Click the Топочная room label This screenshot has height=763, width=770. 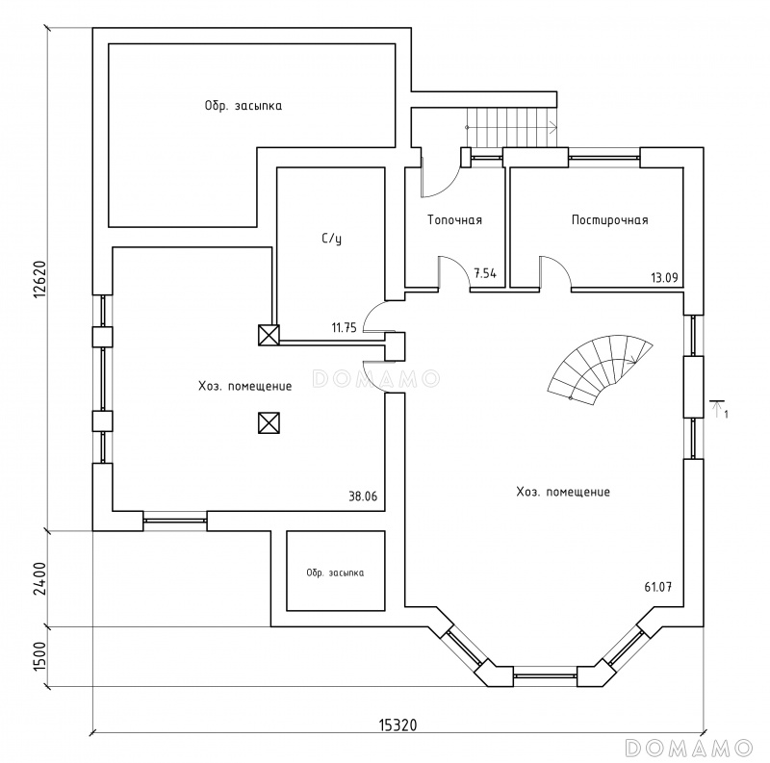pyautogui.click(x=454, y=220)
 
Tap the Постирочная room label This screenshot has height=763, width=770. pyautogui.click(x=610, y=220)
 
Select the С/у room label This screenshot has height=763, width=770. pyautogui.click(x=332, y=239)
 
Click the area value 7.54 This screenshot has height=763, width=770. pyautogui.click(x=485, y=273)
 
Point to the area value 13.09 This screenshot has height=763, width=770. pyautogui.click(x=664, y=278)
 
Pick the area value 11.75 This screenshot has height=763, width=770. pyautogui.click(x=344, y=327)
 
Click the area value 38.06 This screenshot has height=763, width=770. pyautogui.click(x=363, y=496)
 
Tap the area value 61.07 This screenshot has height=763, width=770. pyautogui.click(x=658, y=587)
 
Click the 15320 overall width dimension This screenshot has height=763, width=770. pyautogui.click(x=398, y=725)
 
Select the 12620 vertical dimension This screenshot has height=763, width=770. pyautogui.click(x=39, y=279)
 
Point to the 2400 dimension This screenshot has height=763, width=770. pyautogui.click(x=39, y=578)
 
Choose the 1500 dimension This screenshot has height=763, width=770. pyautogui.click(x=39, y=657)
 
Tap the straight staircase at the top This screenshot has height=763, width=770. pyautogui.click(x=512, y=127)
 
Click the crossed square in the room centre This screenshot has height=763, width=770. pyautogui.click(x=269, y=422)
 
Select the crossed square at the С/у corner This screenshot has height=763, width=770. pyautogui.click(x=269, y=335)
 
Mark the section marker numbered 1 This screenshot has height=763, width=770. pyautogui.click(x=719, y=409)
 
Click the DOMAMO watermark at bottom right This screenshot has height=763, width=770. pyautogui.click(x=688, y=748)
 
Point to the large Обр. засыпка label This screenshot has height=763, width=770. pyautogui.click(x=244, y=106)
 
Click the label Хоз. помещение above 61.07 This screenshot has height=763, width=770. pyautogui.click(x=563, y=492)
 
